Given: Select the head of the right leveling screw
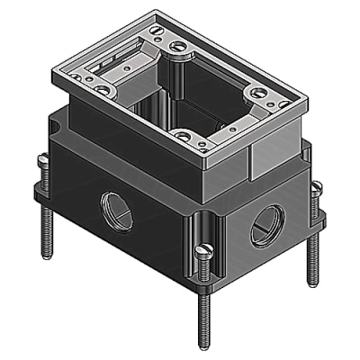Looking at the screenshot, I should coord(315,187).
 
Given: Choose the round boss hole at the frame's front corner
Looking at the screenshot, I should coord(185,138).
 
